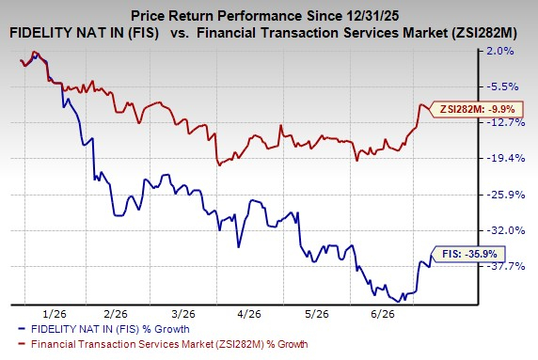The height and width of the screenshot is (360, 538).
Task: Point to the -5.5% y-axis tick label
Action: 502,86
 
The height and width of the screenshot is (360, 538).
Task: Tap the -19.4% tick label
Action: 506,159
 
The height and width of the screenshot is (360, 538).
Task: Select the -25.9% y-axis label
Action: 506,195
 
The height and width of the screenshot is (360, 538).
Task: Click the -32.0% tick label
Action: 506,230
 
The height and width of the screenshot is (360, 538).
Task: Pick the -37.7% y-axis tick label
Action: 506,266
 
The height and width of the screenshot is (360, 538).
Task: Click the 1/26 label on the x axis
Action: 55,314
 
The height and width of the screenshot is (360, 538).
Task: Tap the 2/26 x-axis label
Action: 116,314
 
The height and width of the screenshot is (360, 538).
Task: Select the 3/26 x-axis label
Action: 183,314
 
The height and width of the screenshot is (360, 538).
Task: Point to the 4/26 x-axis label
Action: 249,314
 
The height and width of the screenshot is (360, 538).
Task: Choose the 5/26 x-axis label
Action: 317,314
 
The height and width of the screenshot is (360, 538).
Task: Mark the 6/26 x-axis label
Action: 383,314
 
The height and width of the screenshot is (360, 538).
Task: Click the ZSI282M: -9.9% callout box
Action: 477,109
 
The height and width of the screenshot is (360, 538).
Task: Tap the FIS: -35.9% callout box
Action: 468,254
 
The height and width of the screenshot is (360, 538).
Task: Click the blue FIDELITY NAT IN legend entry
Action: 103,329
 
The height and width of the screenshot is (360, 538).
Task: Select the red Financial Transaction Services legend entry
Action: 163,344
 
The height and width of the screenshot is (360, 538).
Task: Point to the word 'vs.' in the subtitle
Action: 180,33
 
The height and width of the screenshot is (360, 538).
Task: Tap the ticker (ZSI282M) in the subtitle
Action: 483,33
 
